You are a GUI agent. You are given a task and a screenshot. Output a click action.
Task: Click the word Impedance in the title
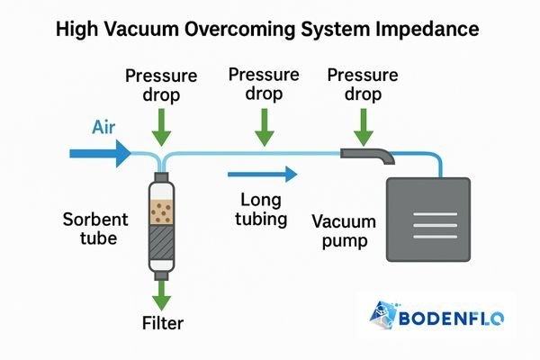tap(422, 31)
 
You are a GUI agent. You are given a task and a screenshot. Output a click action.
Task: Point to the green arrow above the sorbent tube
tap(161, 129)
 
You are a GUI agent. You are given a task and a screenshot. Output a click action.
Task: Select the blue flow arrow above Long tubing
tap(262, 174)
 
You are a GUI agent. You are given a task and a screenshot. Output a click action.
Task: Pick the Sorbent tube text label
tap(94, 229)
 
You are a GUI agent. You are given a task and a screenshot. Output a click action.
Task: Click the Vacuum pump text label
tap(343, 231)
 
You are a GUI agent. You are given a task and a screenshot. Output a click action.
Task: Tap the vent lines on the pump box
tap(427, 221)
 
